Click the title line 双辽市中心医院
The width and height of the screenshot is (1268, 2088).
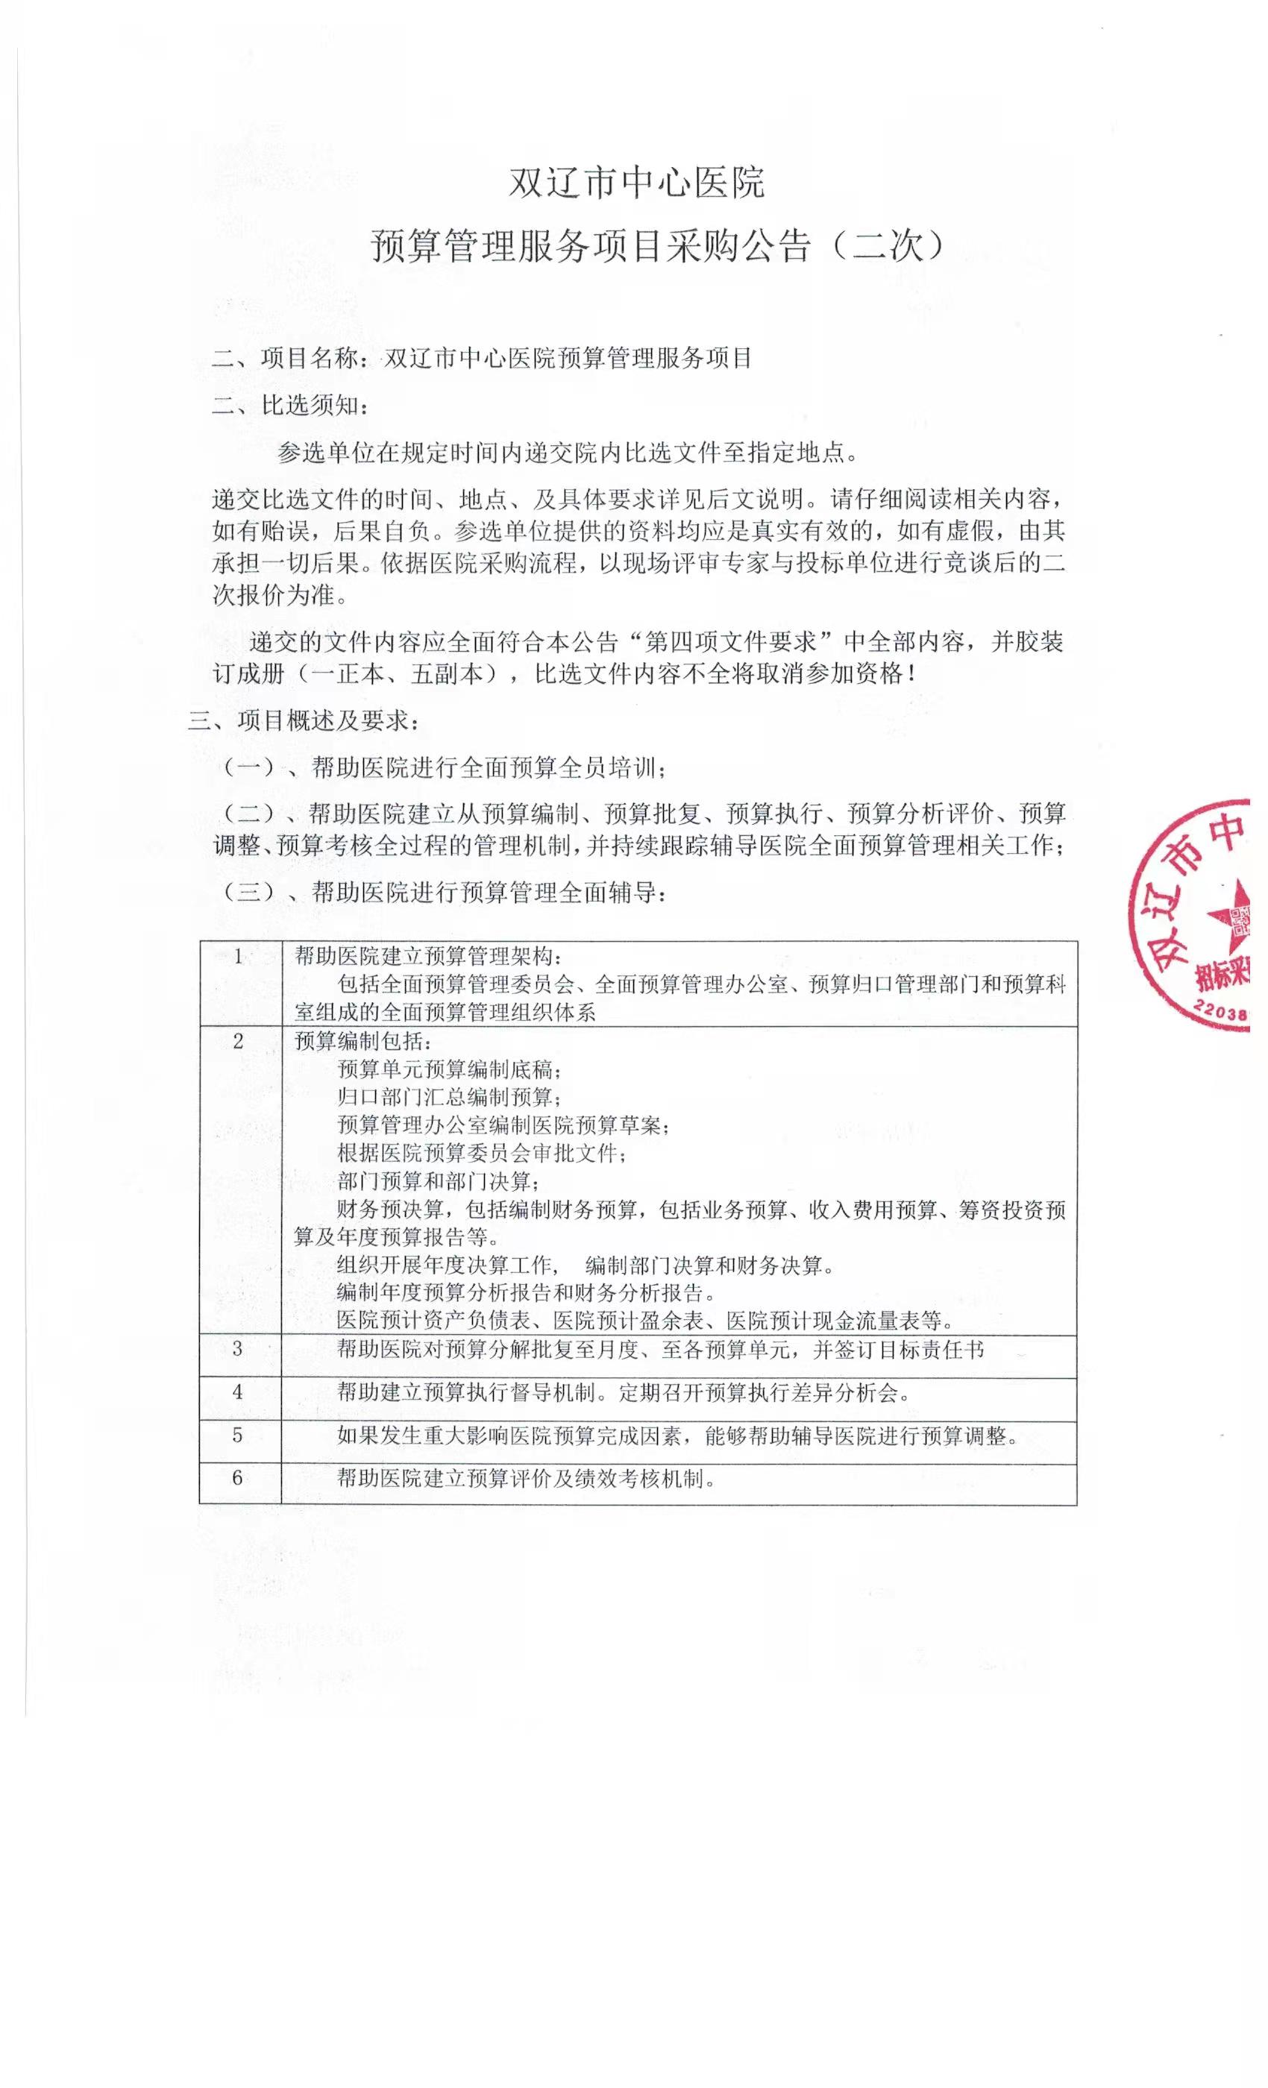(x=635, y=182)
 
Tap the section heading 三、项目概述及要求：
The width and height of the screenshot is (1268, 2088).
(x=304, y=721)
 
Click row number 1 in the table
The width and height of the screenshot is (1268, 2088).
(x=239, y=957)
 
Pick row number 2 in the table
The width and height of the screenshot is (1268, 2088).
(x=238, y=1042)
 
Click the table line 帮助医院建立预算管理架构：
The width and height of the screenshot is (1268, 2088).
(x=427, y=957)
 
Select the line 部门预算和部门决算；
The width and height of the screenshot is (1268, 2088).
(x=439, y=1181)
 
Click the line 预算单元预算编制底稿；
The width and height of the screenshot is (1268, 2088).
(x=449, y=1069)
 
